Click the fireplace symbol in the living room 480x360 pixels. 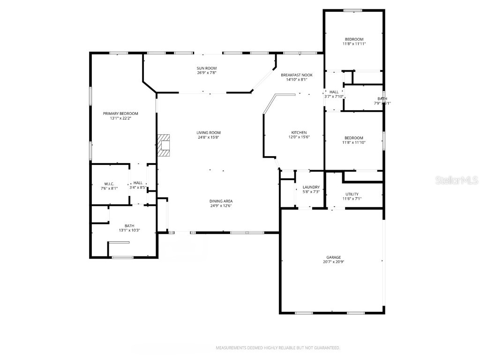164,145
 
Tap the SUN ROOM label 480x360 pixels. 206,68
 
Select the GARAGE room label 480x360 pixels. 334,257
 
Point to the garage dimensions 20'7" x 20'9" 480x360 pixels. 334,262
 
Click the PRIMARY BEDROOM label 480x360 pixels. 120,113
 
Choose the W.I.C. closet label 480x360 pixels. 109,183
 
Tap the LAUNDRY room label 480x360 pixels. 311,187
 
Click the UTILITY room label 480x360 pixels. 352,194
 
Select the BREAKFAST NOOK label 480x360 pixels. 296,75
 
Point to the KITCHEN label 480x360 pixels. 299,133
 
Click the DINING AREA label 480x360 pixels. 221,201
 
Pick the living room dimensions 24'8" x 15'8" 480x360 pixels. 209,137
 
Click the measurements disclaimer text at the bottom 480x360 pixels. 277,348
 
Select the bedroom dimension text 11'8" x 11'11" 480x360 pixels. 354,44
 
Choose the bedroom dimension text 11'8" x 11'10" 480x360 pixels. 354,142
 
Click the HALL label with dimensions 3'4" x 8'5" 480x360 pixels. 138,183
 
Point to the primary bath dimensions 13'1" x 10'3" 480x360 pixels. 129,230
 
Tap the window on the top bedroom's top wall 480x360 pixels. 352,10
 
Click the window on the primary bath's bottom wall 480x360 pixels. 122,257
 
